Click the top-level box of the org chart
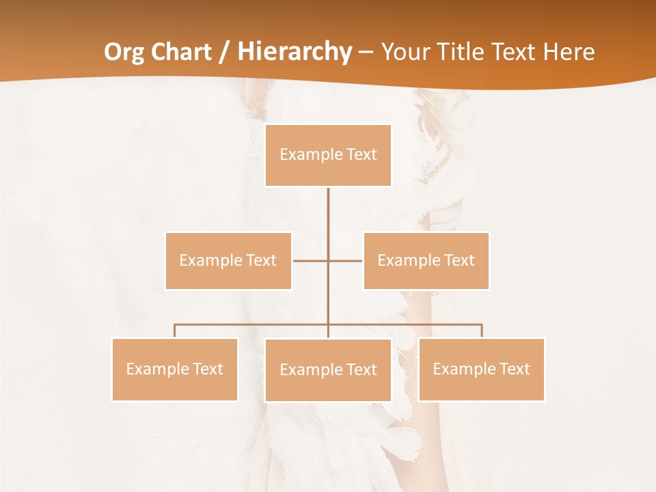(x=328, y=155)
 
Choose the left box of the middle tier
(x=228, y=260)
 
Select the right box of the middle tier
(x=426, y=260)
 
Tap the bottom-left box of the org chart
(x=175, y=369)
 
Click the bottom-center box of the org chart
(x=328, y=370)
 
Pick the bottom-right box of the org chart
(x=481, y=369)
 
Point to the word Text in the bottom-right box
(x=514, y=369)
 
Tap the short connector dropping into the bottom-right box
(x=481, y=331)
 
